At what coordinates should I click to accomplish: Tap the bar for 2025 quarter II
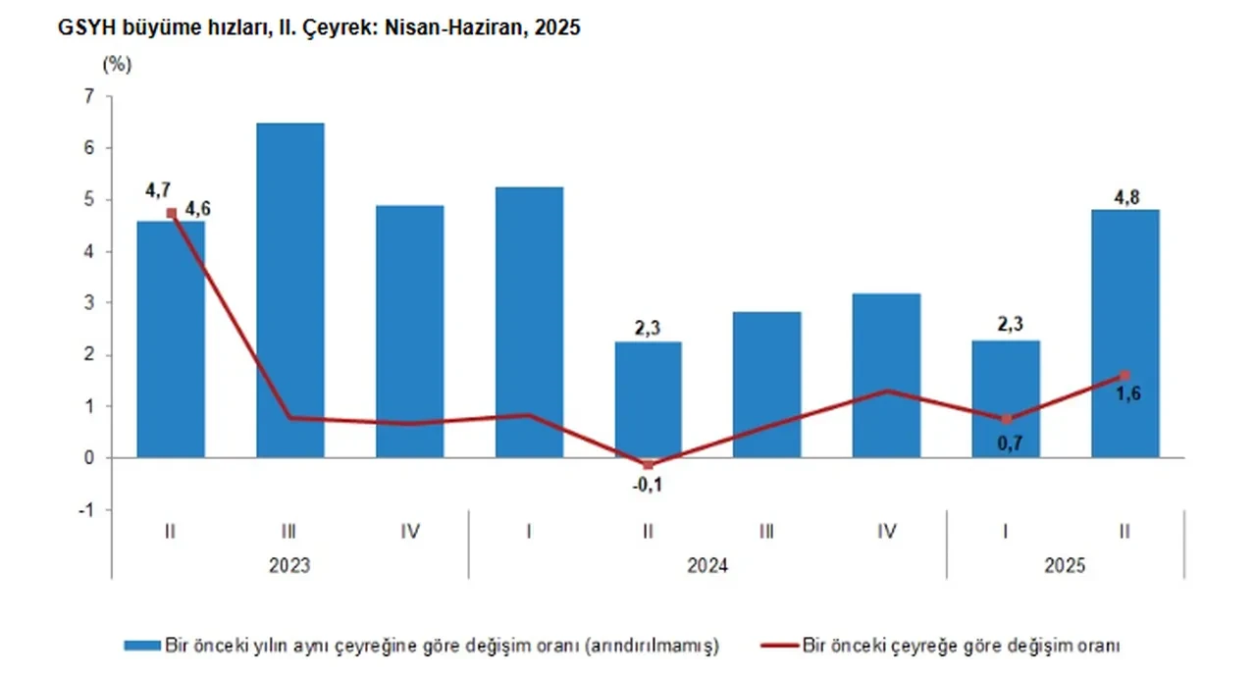1125,334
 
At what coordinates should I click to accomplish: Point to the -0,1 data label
648,484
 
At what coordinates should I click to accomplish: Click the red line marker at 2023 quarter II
171,213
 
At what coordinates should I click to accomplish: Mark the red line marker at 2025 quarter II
1125,375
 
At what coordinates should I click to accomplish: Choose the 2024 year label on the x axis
707,566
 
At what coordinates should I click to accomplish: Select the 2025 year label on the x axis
1066,566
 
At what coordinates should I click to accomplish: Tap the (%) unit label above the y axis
116,66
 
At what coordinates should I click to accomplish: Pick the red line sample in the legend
779,646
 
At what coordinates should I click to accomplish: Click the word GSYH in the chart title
87,28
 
